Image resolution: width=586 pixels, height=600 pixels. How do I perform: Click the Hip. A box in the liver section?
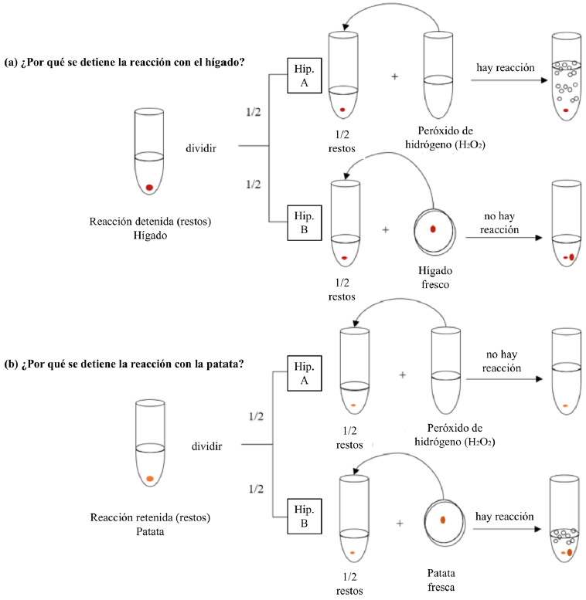301,76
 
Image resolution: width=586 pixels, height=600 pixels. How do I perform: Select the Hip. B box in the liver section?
301,222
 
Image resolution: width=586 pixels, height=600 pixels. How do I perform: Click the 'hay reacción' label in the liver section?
506,67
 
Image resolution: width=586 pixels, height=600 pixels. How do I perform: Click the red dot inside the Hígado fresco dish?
433,229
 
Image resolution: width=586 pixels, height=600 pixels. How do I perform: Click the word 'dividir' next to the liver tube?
199,147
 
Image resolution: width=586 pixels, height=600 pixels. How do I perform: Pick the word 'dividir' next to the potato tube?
207,446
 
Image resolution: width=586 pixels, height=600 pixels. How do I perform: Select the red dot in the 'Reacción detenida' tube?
149,188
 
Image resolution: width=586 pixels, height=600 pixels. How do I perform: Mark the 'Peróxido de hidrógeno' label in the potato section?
461,435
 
